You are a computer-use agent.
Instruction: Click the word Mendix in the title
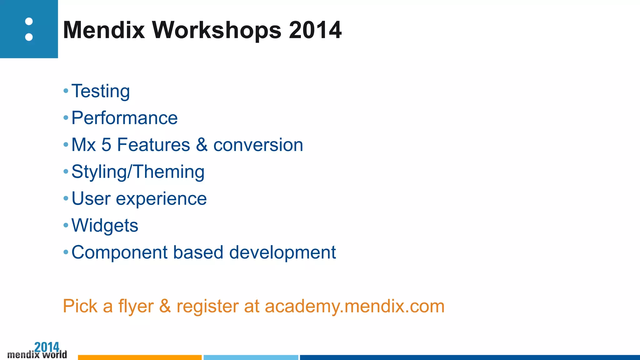click(x=104, y=30)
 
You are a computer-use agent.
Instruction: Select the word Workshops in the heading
click(x=217, y=30)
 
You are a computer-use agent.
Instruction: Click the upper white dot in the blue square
click(x=29, y=22)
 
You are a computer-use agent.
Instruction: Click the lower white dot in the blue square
click(x=29, y=37)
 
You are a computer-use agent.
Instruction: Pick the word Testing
click(x=101, y=91)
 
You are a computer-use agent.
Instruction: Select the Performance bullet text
click(x=124, y=118)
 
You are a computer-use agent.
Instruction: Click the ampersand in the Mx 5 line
click(x=202, y=145)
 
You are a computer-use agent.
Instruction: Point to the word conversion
click(x=258, y=145)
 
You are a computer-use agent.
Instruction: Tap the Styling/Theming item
click(x=138, y=172)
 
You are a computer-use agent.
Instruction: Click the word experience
click(x=161, y=199)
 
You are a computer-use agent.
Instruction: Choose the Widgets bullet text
click(x=105, y=226)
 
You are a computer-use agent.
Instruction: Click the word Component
click(x=120, y=252)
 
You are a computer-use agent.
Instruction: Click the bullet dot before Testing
click(x=66, y=91)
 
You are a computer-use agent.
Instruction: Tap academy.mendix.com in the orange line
click(x=354, y=306)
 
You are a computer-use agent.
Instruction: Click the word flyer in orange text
click(x=136, y=306)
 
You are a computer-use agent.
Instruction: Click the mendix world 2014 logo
click(x=37, y=351)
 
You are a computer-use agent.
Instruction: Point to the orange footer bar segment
click(x=140, y=357)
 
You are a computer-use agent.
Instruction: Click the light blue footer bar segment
click(x=251, y=357)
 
